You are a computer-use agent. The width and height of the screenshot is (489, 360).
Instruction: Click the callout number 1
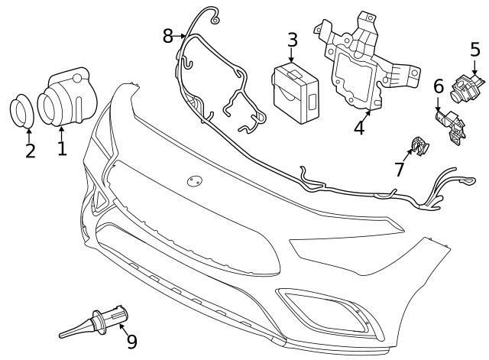pos(63,148)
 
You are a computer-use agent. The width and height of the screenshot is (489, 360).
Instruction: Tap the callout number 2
pos(31,151)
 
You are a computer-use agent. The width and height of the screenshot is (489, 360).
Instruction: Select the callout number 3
pos(292,40)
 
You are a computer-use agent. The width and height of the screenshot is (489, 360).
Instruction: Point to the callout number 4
pos(359,127)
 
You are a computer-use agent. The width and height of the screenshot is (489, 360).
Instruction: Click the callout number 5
pos(475,49)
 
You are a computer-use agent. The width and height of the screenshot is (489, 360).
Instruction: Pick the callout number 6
pos(439,86)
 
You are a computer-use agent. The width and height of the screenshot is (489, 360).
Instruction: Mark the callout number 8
pos(168,36)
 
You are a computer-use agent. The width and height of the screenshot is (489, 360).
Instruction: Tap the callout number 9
pos(132,342)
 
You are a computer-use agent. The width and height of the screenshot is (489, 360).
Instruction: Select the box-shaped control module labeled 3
pos(296,92)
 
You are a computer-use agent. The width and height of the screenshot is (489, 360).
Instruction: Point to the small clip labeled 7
pos(419,146)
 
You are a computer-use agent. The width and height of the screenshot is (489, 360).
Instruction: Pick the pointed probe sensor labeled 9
pos(93,321)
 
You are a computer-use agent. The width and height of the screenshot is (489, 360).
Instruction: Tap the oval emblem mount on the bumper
pos(195,180)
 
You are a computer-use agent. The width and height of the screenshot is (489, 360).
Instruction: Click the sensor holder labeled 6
pos(451,125)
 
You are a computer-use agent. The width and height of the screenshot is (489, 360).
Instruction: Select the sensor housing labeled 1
pos(67,97)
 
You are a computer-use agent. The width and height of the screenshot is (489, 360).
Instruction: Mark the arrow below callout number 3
pos(292,55)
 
